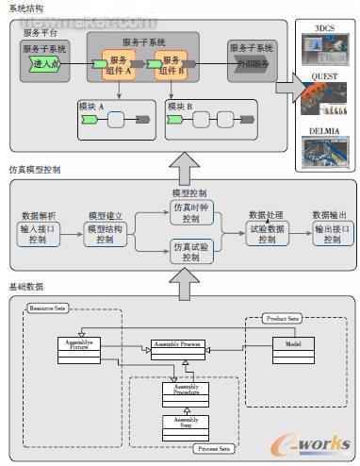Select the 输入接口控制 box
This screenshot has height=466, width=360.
39,234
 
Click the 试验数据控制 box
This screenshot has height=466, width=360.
267,234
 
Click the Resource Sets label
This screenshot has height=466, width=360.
46,308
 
